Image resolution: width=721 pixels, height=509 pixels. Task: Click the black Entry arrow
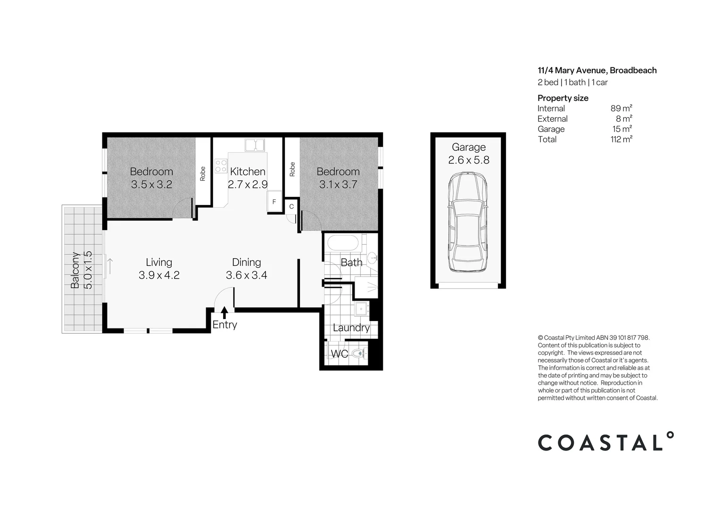tap(224, 312)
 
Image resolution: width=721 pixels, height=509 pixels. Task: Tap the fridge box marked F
tap(274, 202)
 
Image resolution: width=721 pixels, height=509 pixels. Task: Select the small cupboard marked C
tap(291, 206)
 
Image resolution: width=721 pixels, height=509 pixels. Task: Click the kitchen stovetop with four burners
tap(221, 166)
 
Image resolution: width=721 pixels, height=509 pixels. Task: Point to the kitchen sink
tap(255, 145)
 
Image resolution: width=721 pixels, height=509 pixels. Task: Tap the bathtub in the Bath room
tap(343, 243)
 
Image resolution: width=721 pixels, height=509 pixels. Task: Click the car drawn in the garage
tap(468, 222)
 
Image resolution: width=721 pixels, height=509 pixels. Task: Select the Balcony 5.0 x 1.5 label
tap(82, 270)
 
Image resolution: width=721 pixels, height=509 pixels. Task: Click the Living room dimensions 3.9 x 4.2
tap(159, 275)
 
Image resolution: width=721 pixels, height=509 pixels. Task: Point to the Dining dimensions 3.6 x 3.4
tap(247, 275)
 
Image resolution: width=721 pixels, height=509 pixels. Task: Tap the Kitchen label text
tap(248, 172)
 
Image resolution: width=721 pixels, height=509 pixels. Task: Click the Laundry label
tap(351, 328)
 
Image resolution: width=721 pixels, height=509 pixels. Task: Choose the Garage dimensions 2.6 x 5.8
tap(469, 160)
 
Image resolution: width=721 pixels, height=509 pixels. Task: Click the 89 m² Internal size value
tap(621, 108)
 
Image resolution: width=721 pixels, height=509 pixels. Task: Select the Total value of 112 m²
tap(621, 139)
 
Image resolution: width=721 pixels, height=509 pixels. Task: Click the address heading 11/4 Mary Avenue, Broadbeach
tap(597, 71)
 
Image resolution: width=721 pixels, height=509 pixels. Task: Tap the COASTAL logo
tap(606, 441)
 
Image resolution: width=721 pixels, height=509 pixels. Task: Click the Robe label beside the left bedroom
tap(202, 174)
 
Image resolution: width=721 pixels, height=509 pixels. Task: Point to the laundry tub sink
tap(362, 309)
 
